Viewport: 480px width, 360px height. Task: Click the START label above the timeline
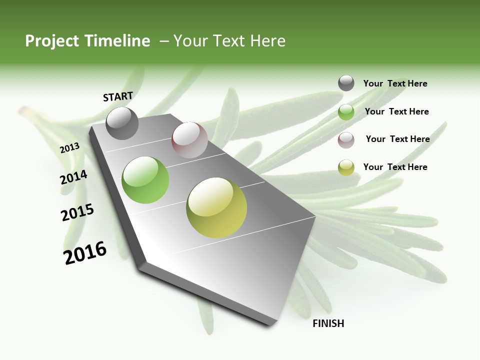[118, 96]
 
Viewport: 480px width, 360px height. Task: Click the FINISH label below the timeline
[328, 323]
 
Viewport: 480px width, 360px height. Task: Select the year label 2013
[70, 148]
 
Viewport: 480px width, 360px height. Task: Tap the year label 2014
[73, 177]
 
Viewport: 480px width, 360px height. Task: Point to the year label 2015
[77, 212]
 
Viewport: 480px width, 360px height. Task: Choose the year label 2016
[85, 253]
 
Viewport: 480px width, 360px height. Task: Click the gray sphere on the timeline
[122, 123]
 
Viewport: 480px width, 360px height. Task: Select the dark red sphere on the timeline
[189, 140]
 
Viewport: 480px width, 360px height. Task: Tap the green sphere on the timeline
[145, 180]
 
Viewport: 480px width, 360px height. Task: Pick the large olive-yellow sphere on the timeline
[216, 207]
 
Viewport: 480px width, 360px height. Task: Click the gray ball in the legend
[346, 83]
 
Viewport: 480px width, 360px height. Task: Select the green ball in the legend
[346, 112]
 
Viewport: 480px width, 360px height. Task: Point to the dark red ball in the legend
[346, 140]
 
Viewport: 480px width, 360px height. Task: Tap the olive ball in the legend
[346, 167]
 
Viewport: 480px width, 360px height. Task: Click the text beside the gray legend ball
[395, 84]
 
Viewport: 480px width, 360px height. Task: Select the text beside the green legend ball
[396, 111]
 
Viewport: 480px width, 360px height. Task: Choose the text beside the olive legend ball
[395, 167]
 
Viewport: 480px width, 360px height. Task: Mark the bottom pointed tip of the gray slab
[270, 325]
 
